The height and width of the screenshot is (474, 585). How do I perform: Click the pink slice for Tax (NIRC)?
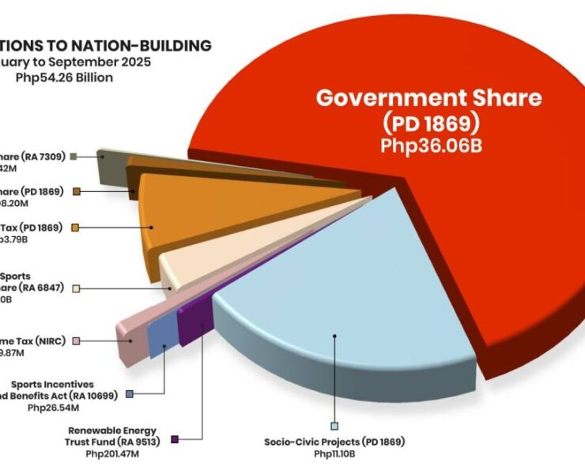coord(130,332)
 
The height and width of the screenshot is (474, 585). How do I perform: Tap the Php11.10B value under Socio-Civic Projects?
coord(334,453)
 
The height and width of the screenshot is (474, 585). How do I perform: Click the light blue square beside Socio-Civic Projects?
coord(335,426)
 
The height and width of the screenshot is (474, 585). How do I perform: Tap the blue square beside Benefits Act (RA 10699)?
coord(129,393)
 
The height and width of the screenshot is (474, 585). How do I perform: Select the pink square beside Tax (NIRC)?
coord(76,340)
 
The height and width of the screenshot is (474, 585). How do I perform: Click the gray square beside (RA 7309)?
coord(73,156)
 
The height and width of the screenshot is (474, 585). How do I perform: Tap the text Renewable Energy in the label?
coord(104,431)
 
